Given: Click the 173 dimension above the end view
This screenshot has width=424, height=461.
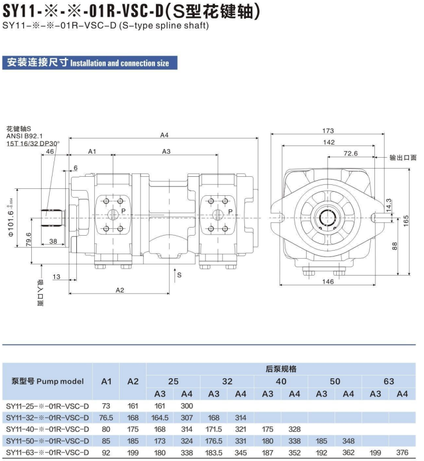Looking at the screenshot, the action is coord(328,131).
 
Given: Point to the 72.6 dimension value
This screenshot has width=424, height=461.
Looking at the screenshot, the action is coord(351,154).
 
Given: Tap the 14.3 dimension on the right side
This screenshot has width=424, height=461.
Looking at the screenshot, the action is coord(389,205).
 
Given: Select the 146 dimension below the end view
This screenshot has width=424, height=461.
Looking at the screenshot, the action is coord(328,281).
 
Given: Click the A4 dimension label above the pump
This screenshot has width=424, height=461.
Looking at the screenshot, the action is coord(165,135).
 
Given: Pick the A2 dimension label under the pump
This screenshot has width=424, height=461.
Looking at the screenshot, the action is coord(120,290).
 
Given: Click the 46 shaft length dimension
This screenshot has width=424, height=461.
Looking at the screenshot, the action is coord(50,151).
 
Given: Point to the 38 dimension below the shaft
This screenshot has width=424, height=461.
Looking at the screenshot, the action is coord(53,241).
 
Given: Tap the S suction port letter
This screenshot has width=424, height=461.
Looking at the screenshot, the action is coord(179,275).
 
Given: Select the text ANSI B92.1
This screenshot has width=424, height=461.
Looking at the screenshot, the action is coord(24,136).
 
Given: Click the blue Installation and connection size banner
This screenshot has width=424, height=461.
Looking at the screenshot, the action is coord(90,62).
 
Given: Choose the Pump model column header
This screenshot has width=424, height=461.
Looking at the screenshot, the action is coord(47,381).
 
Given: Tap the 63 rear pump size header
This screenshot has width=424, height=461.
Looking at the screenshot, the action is coord(389,381).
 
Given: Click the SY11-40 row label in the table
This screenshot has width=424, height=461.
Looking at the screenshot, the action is coord(47,429).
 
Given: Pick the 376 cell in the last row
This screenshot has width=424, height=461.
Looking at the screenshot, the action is coord(402,452).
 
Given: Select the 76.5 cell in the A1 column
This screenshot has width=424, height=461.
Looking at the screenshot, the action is coord(106,418).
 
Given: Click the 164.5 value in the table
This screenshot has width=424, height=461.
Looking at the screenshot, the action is coord(159,418).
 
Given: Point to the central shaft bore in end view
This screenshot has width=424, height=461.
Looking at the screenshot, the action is coord(328,218).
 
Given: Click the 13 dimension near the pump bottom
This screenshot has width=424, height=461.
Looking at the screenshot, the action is coord(56,277).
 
